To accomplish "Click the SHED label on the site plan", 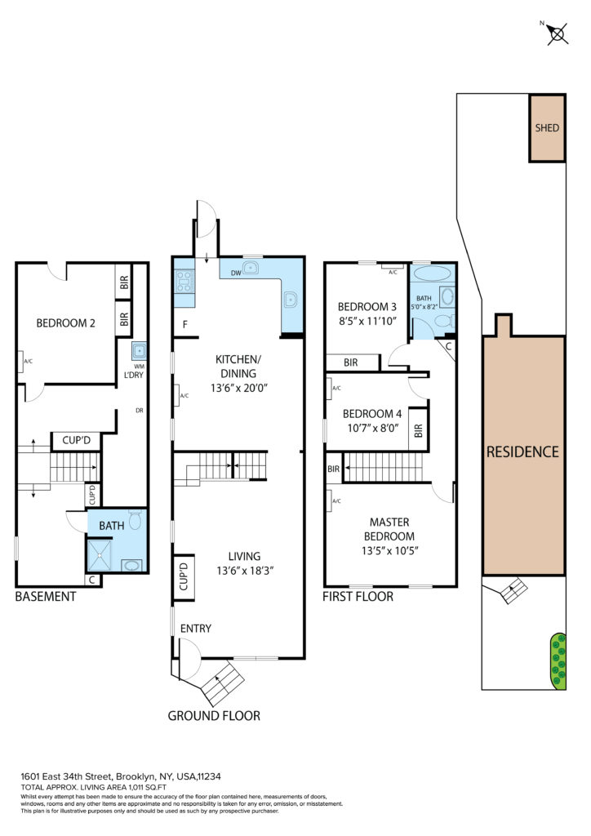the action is pos(547,128).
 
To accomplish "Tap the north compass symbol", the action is pos(557,34).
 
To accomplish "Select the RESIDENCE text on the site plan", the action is pos(522,452).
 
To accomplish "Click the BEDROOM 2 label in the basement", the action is pos(65,323).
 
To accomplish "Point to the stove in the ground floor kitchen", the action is pos(184,281).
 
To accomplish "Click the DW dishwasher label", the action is pos(236,273).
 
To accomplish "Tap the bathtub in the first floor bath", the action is pos(432,273).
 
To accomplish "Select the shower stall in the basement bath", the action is pos(100,555).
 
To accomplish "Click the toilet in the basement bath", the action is pos(136,519).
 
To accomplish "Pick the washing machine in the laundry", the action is pos(139,351).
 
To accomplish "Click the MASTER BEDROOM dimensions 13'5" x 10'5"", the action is pos(389,551).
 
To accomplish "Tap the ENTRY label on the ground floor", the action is pos(196,629).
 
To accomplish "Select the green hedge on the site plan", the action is pos(558,661).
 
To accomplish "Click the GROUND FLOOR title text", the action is pos(214,716).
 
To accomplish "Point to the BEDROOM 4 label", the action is pos(372,414).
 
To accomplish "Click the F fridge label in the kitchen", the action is pos(185,324).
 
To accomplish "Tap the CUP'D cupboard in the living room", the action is pos(184,577).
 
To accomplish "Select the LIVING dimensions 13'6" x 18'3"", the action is pos(245,571).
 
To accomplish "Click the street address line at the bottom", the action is pos(121,777).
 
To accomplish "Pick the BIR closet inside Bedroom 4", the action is pos(418,429).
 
